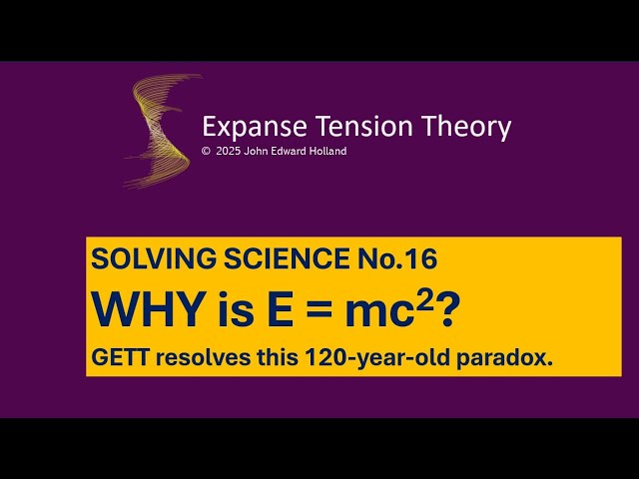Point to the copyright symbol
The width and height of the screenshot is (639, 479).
[206, 152]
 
